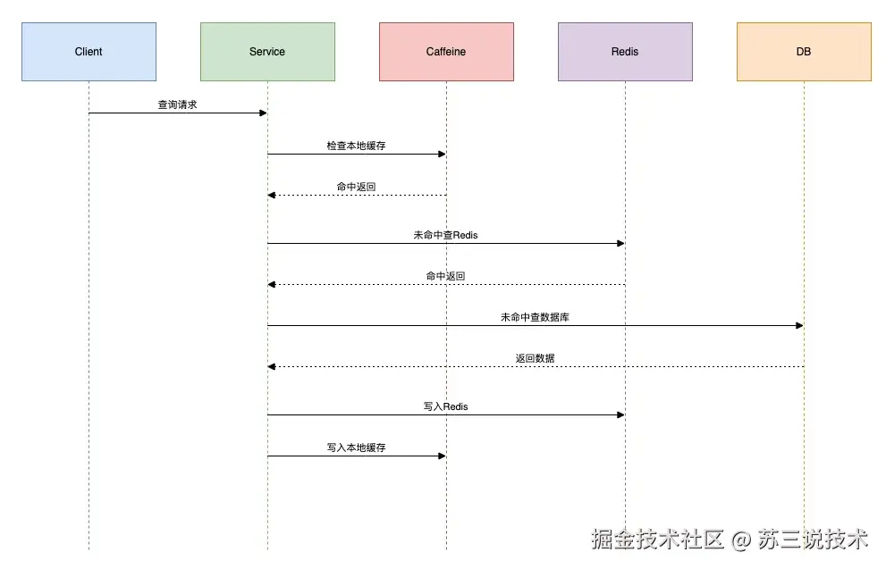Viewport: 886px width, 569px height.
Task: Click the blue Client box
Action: [x=89, y=52]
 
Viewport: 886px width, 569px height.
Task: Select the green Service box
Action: [x=267, y=52]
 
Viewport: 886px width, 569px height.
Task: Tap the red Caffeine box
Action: [x=446, y=52]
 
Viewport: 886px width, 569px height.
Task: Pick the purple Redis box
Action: [x=625, y=52]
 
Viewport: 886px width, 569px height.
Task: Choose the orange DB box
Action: [x=804, y=52]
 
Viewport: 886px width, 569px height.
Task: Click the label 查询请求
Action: [x=177, y=105]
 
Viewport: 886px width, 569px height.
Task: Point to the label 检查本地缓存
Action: [x=356, y=146]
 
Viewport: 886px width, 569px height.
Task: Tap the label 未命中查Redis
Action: [x=445, y=235]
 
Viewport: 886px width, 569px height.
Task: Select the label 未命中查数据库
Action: [x=535, y=317]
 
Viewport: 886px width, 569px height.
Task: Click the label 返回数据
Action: [x=535, y=358]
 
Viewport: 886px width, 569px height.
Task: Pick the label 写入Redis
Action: [x=445, y=406]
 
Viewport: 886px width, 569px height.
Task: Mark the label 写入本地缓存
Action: [x=356, y=448]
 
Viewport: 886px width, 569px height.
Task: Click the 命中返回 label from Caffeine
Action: [x=356, y=187]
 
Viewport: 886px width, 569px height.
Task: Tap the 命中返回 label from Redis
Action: [x=445, y=276]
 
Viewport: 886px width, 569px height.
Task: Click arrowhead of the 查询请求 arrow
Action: [x=263, y=113]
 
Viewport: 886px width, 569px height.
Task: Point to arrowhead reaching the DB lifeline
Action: [x=799, y=325]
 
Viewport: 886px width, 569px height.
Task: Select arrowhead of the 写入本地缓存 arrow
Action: [x=442, y=456]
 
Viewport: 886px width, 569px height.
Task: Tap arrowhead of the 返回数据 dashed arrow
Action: [x=272, y=366]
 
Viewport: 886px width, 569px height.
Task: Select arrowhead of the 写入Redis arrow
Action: [x=620, y=414]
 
